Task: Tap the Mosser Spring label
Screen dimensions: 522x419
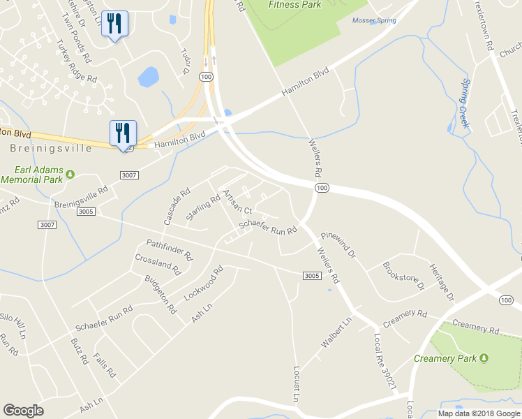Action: click(x=374, y=21)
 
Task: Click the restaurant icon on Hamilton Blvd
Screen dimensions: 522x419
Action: click(x=123, y=133)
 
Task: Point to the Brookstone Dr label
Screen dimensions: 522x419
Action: click(x=403, y=276)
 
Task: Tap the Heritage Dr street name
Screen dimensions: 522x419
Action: click(x=442, y=282)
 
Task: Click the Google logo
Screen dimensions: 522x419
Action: click(x=24, y=411)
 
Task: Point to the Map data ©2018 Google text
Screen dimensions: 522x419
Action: click(x=478, y=413)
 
